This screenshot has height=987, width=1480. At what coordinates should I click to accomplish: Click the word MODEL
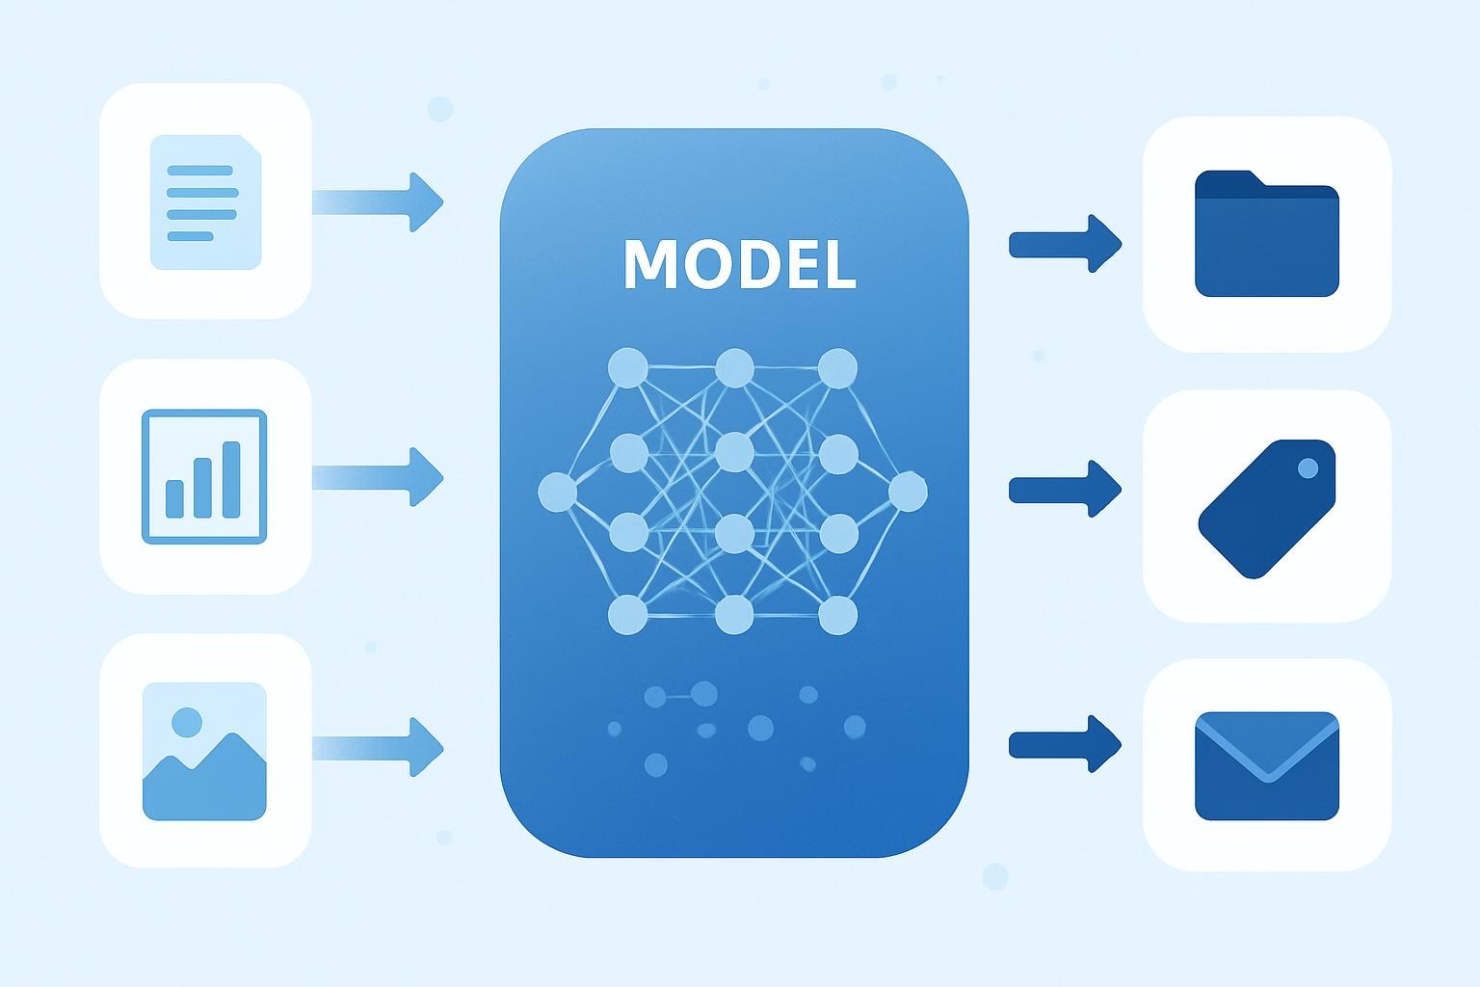739,263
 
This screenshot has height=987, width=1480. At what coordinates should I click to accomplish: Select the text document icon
205,202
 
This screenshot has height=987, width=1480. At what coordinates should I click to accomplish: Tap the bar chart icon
204,476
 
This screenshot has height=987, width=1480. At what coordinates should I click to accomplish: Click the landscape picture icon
204,751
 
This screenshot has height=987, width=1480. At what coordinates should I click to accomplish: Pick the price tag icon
1266,508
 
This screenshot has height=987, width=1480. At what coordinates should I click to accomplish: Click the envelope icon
1266,766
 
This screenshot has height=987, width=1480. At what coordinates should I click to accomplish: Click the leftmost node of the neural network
557,493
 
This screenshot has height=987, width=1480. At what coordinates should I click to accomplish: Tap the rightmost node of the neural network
907,493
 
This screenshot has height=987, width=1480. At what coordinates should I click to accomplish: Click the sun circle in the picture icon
186,721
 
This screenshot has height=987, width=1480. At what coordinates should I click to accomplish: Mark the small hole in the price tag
1308,468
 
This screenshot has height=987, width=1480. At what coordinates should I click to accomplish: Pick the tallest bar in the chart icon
231,480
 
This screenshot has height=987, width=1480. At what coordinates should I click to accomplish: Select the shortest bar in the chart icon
174,497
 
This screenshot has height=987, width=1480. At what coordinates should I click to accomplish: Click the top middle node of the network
734,367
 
